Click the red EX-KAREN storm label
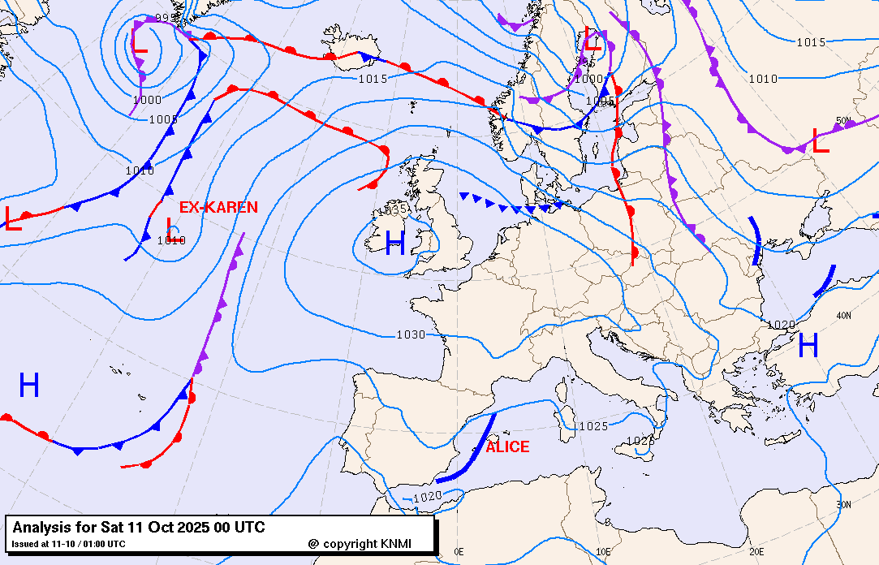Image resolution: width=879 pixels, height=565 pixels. click(218, 208)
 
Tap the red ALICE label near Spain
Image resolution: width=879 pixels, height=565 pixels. click(507, 447)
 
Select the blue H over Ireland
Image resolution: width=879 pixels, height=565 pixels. click(395, 244)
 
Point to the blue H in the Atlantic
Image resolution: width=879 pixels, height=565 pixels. click(29, 385)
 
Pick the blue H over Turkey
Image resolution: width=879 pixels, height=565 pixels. click(808, 346)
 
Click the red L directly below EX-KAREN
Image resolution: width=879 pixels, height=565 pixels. click(170, 228)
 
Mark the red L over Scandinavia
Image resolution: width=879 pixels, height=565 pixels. click(593, 40)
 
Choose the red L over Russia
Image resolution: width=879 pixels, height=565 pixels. click(820, 142)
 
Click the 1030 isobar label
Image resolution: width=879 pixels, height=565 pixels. click(411, 334)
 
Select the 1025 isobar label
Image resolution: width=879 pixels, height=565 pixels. click(593, 426)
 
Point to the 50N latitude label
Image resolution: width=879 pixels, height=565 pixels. click(844, 122)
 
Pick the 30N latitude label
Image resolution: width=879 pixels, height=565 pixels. click(844, 504)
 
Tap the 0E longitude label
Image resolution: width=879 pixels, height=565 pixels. click(459, 552)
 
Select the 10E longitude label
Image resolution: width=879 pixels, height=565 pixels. click(603, 552)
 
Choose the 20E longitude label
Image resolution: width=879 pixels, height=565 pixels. click(756, 552)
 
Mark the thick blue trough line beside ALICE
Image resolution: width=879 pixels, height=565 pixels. click(469, 451)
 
